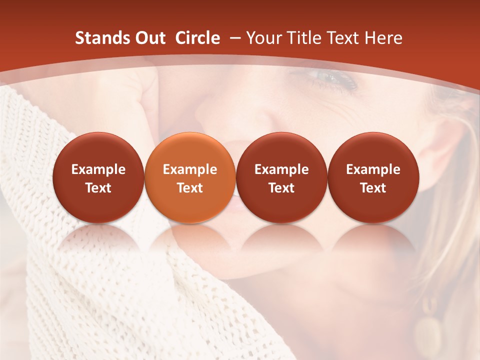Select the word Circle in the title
(x=197, y=38)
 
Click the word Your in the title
(x=262, y=38)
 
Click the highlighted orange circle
(x=190, y=178)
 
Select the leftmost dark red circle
(x=98, y=178)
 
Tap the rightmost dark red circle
(x=373, y=178)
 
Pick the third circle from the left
(x=281, y=178)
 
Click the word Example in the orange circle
(x=190, y=169)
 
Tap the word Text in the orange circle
(x=190, y=188)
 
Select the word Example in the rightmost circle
(x=373, y=169)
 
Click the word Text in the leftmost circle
(x=98, y=188)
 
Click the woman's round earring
(x=427, y=332)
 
